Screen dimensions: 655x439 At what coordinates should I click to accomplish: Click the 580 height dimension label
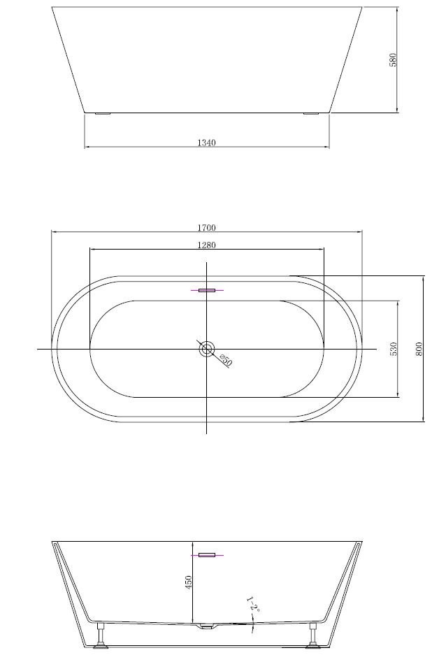pyautogui.click(x=393, y=59)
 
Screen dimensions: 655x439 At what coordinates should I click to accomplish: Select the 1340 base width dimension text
pyautogui.click(x=206, y=143)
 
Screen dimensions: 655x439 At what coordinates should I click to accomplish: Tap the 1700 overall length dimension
pyautogui.click(x=206, y=227)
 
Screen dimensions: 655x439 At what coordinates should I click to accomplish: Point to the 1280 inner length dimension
pyautogui.click(x=206, y=245)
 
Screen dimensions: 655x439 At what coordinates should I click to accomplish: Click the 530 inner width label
pyautogui.click(x=394, y=349)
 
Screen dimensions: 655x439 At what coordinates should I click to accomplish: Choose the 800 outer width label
pyautogui.click(x=419, y=349)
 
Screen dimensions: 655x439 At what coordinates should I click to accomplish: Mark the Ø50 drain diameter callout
pyautogui.click(x=225, y=361)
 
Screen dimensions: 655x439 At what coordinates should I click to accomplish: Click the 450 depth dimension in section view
pyautogui.click(x=188, y=582)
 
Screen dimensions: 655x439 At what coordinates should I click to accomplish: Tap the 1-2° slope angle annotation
pyautogui.click(x=252, y=605)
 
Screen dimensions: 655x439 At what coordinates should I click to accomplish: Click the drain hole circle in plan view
pyautogui.click(x=207, y=348)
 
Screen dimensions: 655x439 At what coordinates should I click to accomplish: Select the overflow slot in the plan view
pyautogui.click(x=207, y=289)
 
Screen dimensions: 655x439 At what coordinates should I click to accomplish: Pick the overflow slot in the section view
pyautogui.click(x=207, y=555)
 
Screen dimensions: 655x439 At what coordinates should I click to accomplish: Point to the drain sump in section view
pyautogui.click(x=207, y=626)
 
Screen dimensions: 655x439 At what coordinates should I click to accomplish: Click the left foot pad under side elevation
pyautogui.click(x=103, y=113)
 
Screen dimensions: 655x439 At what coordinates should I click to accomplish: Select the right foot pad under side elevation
pyautogui.click(x=310, y=113)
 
